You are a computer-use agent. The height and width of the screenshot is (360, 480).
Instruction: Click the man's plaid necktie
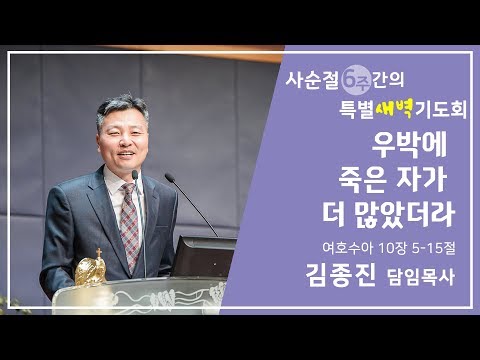click(129, 214)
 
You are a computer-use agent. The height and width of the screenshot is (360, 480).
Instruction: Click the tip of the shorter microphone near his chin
click(136, 176)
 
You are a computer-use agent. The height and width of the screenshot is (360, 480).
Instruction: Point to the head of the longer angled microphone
click(169, 179)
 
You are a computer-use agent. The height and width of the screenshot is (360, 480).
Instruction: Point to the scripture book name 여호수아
click(337, 247)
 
